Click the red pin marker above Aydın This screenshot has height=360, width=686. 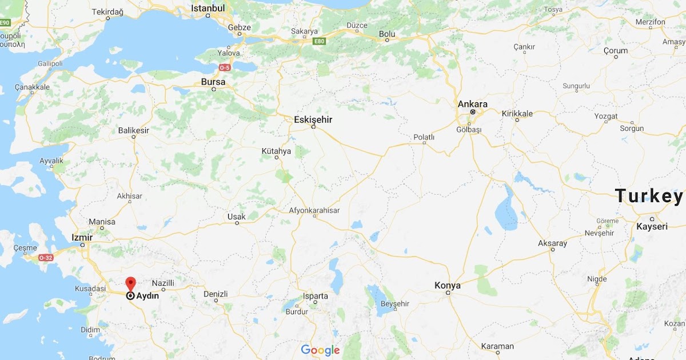tap(130, 283)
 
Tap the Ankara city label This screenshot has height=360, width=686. tap(473, 104)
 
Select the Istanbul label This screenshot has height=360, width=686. tap(208, 9)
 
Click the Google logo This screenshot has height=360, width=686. tap(320, 350)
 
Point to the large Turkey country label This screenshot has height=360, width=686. tap(649, 196)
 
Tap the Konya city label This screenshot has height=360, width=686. tap(448, 285)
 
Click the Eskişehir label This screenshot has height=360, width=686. tap(313, 119)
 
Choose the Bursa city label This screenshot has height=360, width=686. tap(213, 82)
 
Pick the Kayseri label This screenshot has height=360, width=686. tap(652, 226)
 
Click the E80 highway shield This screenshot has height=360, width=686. tap(319, 41)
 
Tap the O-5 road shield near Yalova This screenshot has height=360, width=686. tap(225, 68)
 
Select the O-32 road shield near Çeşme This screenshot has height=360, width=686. tap(46, 258)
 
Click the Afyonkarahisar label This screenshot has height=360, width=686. tap(314, 210)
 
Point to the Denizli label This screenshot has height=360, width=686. tap(216, 294)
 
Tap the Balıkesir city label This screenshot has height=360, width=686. tap(133, 130)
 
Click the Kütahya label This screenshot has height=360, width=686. tap(276, 151)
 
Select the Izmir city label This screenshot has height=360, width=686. tap(82, 237)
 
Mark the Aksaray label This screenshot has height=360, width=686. tap(552, 243)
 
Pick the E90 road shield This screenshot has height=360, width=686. tap(5, 22)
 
